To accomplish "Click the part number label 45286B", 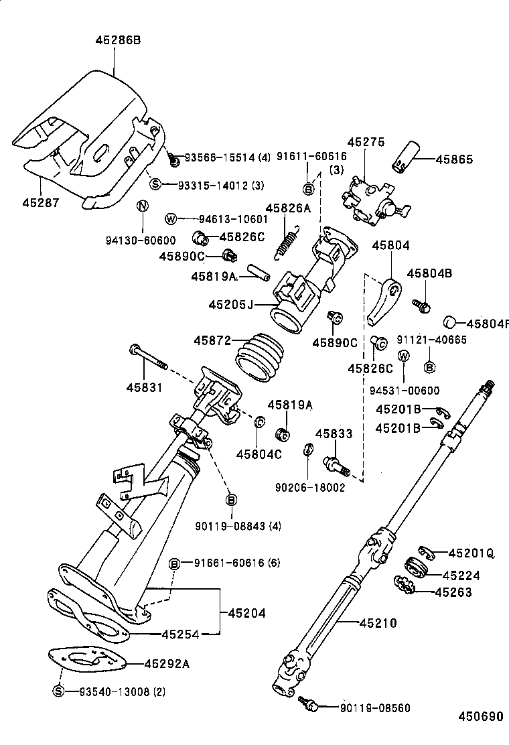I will (117, 40).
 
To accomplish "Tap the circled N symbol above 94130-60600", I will (141, 206).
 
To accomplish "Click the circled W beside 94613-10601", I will (170, 219).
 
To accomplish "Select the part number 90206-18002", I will (309, 488).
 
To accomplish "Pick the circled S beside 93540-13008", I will (58, 691).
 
